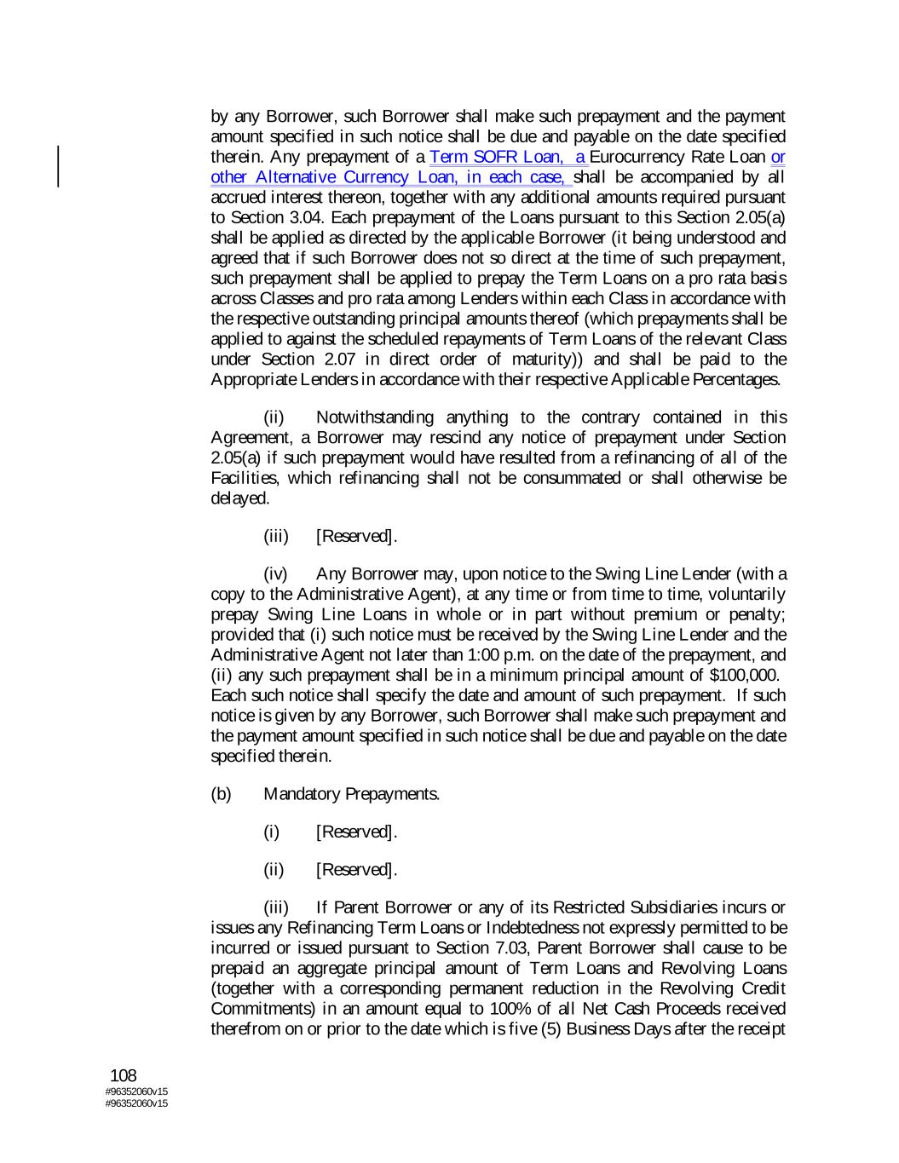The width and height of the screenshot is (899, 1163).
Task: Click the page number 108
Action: coord(124,1076)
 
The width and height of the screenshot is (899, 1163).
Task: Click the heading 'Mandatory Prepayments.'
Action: coord(352,795)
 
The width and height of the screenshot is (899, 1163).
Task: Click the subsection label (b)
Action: coord(221,795)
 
